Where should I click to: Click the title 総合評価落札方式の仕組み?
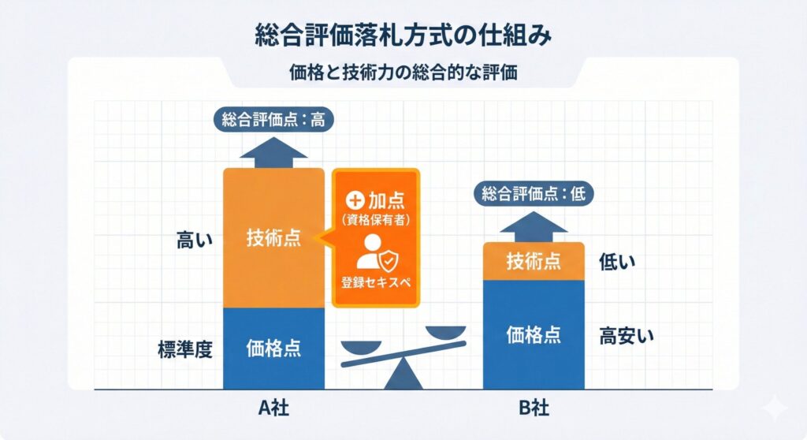coord(403,36)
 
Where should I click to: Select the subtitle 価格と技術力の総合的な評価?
coord(403,73)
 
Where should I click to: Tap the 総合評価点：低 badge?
coord(534,193)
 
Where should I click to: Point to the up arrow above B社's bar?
coord(534,223)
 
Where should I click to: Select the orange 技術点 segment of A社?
coord(273,238)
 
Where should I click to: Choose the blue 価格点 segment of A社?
coord(273,347)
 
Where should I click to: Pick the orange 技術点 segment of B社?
coord(534,261)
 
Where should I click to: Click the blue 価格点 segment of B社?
coord(534,334)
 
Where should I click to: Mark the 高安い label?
coord(627,335)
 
